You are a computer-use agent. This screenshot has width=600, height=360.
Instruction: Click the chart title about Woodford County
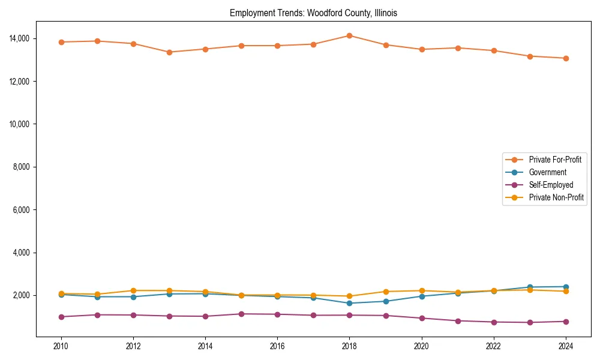click(x=313, y=13)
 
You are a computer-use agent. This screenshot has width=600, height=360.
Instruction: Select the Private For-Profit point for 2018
click(x=349, y=35)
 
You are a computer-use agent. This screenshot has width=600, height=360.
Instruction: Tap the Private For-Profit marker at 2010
click(x=61, y=42)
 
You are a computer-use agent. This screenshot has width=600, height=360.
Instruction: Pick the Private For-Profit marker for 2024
click(x=566, y=58)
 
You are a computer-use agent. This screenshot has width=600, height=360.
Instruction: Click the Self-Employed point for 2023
click(x=530, y=322)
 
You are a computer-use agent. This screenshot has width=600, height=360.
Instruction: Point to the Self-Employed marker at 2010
click(x=61, y=317)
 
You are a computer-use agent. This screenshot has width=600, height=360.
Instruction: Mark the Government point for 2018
click(x=349, y=303)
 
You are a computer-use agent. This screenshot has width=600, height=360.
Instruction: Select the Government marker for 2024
click(x=566, y=287)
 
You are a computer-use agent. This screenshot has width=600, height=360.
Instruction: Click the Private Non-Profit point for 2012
click(x=133, y=290)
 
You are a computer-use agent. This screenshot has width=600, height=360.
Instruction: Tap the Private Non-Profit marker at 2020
click(x=422, y=290)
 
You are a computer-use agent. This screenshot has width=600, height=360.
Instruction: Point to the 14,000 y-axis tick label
click(x=19, y=38)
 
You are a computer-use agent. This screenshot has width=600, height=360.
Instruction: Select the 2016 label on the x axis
click(x=277, y=346)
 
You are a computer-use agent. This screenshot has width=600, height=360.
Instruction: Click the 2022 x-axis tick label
click(x=494, y=346)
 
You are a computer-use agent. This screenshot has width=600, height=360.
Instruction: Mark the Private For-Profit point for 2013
click(x=169, y=52)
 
